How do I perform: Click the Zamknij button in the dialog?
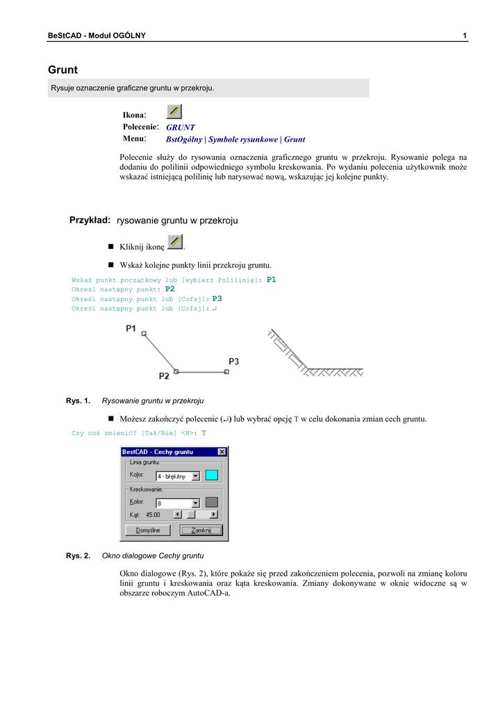tap(201, 530)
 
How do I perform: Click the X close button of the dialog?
tap(222, 452)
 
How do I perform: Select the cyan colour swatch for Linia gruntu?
tap(212, 476)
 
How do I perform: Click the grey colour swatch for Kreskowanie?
tap(212, 502)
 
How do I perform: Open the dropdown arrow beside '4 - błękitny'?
tap(196, 476)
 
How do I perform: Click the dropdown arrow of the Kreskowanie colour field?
tap(196, 503)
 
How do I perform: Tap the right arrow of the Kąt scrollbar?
tap(213, 515)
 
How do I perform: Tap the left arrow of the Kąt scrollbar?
tap(177, 515)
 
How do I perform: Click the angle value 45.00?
tap(153, 515)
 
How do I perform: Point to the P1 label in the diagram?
tap(131, 328)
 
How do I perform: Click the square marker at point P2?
tap(176, 371)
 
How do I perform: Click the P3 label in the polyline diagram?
tap(234, 362)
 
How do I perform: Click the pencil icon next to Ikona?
tap(174, 112)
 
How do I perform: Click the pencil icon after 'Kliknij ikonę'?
tap(176, 243)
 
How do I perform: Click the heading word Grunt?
tap(63, 70)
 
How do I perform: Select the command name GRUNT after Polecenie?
tap(181, 128)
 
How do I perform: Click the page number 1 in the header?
tap(464, 35)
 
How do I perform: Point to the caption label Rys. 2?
tap(78, 556)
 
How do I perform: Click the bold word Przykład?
tap(90, 220)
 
